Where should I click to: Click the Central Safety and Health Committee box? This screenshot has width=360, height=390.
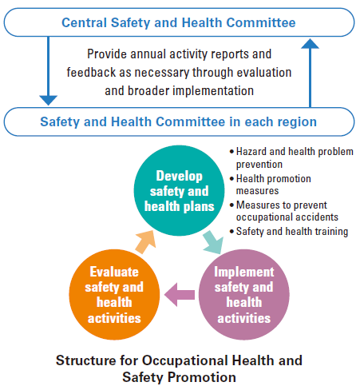(179, 22)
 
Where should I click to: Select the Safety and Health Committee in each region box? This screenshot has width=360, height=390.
(179, 121)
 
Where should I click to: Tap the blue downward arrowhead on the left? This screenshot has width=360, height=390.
(48, 100)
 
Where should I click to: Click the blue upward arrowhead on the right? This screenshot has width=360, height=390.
(310, 44)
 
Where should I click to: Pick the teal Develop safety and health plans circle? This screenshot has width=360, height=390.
(179, 190)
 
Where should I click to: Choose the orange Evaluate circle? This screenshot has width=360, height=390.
(114, 294)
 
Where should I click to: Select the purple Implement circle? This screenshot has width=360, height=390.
(244, 294)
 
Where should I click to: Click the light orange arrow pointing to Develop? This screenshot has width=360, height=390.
(146, 241)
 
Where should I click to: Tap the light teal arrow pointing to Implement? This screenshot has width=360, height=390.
(213, 242)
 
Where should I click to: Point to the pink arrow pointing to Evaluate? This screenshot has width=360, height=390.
(180, 295)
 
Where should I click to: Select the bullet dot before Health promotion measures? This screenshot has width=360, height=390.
(232, 178)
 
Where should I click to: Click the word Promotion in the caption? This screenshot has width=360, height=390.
(202, 377)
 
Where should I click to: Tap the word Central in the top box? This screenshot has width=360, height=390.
(85, 22)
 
